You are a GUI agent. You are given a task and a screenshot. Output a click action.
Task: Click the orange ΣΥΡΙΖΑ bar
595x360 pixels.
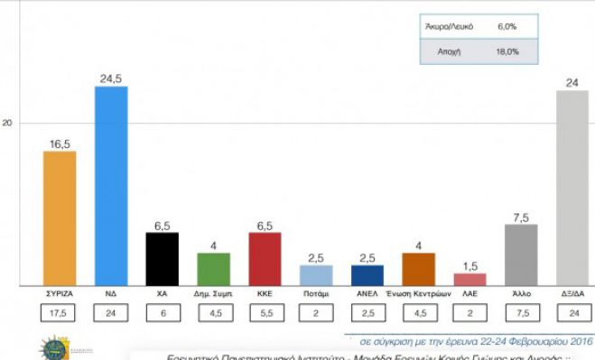pyautogui.click(x=60, y=218)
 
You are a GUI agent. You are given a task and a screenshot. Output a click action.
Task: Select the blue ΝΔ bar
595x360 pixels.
pyautogui.click(x=110, y=186)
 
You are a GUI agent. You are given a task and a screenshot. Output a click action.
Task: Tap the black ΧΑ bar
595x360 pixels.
pyautogui.click(x=162, y=259)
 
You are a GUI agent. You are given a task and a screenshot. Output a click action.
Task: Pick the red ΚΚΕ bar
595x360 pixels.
pyautogui.click(x=265, y=259)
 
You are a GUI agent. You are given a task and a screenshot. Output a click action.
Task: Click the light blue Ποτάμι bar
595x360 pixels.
pyautogui.click(x=315, y=275)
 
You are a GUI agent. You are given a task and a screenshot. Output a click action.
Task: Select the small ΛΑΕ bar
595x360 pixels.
pyautogui.click(x=469, y=279)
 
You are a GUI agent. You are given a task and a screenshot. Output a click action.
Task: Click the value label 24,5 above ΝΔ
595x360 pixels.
pyautogui.click(x=110, y=78)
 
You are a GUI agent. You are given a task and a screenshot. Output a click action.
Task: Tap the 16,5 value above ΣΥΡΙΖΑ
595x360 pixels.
pyautogui.click(x=60, y=143)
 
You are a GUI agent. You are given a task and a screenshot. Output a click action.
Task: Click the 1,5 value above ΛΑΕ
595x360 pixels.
pyautogui.click(x=469, y=265)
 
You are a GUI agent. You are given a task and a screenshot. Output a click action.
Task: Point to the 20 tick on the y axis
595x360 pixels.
pyautogui.click(x=10, y=123)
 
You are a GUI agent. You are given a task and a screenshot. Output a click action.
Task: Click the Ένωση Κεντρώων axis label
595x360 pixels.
pyautogui.click(x=417, y=295)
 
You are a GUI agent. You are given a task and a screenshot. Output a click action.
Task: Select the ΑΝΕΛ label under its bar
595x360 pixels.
pyautogui.click(x=367, y=295)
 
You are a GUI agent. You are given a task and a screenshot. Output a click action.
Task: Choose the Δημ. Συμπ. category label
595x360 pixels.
pyautogui.click(x=213, y=295)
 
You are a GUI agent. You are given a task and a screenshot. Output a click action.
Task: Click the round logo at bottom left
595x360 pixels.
pyautogui.click(x=50, y=348)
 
